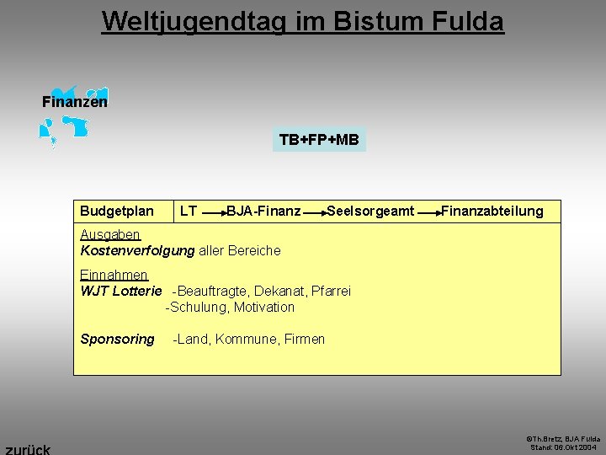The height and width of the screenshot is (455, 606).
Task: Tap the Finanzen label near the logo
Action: coord(74,102)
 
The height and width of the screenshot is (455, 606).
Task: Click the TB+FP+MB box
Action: coord(319,140)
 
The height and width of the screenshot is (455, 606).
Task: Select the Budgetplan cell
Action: coord(117,211)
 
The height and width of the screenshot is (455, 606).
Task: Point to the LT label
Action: coord(189,211)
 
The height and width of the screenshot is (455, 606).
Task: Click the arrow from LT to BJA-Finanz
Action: coord(214,213)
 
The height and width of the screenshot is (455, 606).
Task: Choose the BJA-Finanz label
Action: coord(263,211)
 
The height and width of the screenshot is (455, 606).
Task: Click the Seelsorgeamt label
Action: coord(370,211)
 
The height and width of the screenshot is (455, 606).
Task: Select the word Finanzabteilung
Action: coord(492,211)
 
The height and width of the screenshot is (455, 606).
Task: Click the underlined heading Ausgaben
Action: coord(109,234)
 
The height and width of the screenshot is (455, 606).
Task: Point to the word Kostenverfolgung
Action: coord(137,250)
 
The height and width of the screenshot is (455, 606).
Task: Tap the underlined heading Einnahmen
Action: coord(114,275)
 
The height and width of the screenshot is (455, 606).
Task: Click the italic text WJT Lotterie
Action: coord(120,291)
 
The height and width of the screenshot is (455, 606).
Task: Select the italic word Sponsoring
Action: coord(117,339)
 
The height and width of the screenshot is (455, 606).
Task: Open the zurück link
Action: coord(27,448)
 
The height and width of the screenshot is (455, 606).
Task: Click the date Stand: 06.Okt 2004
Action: coord(565,447)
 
